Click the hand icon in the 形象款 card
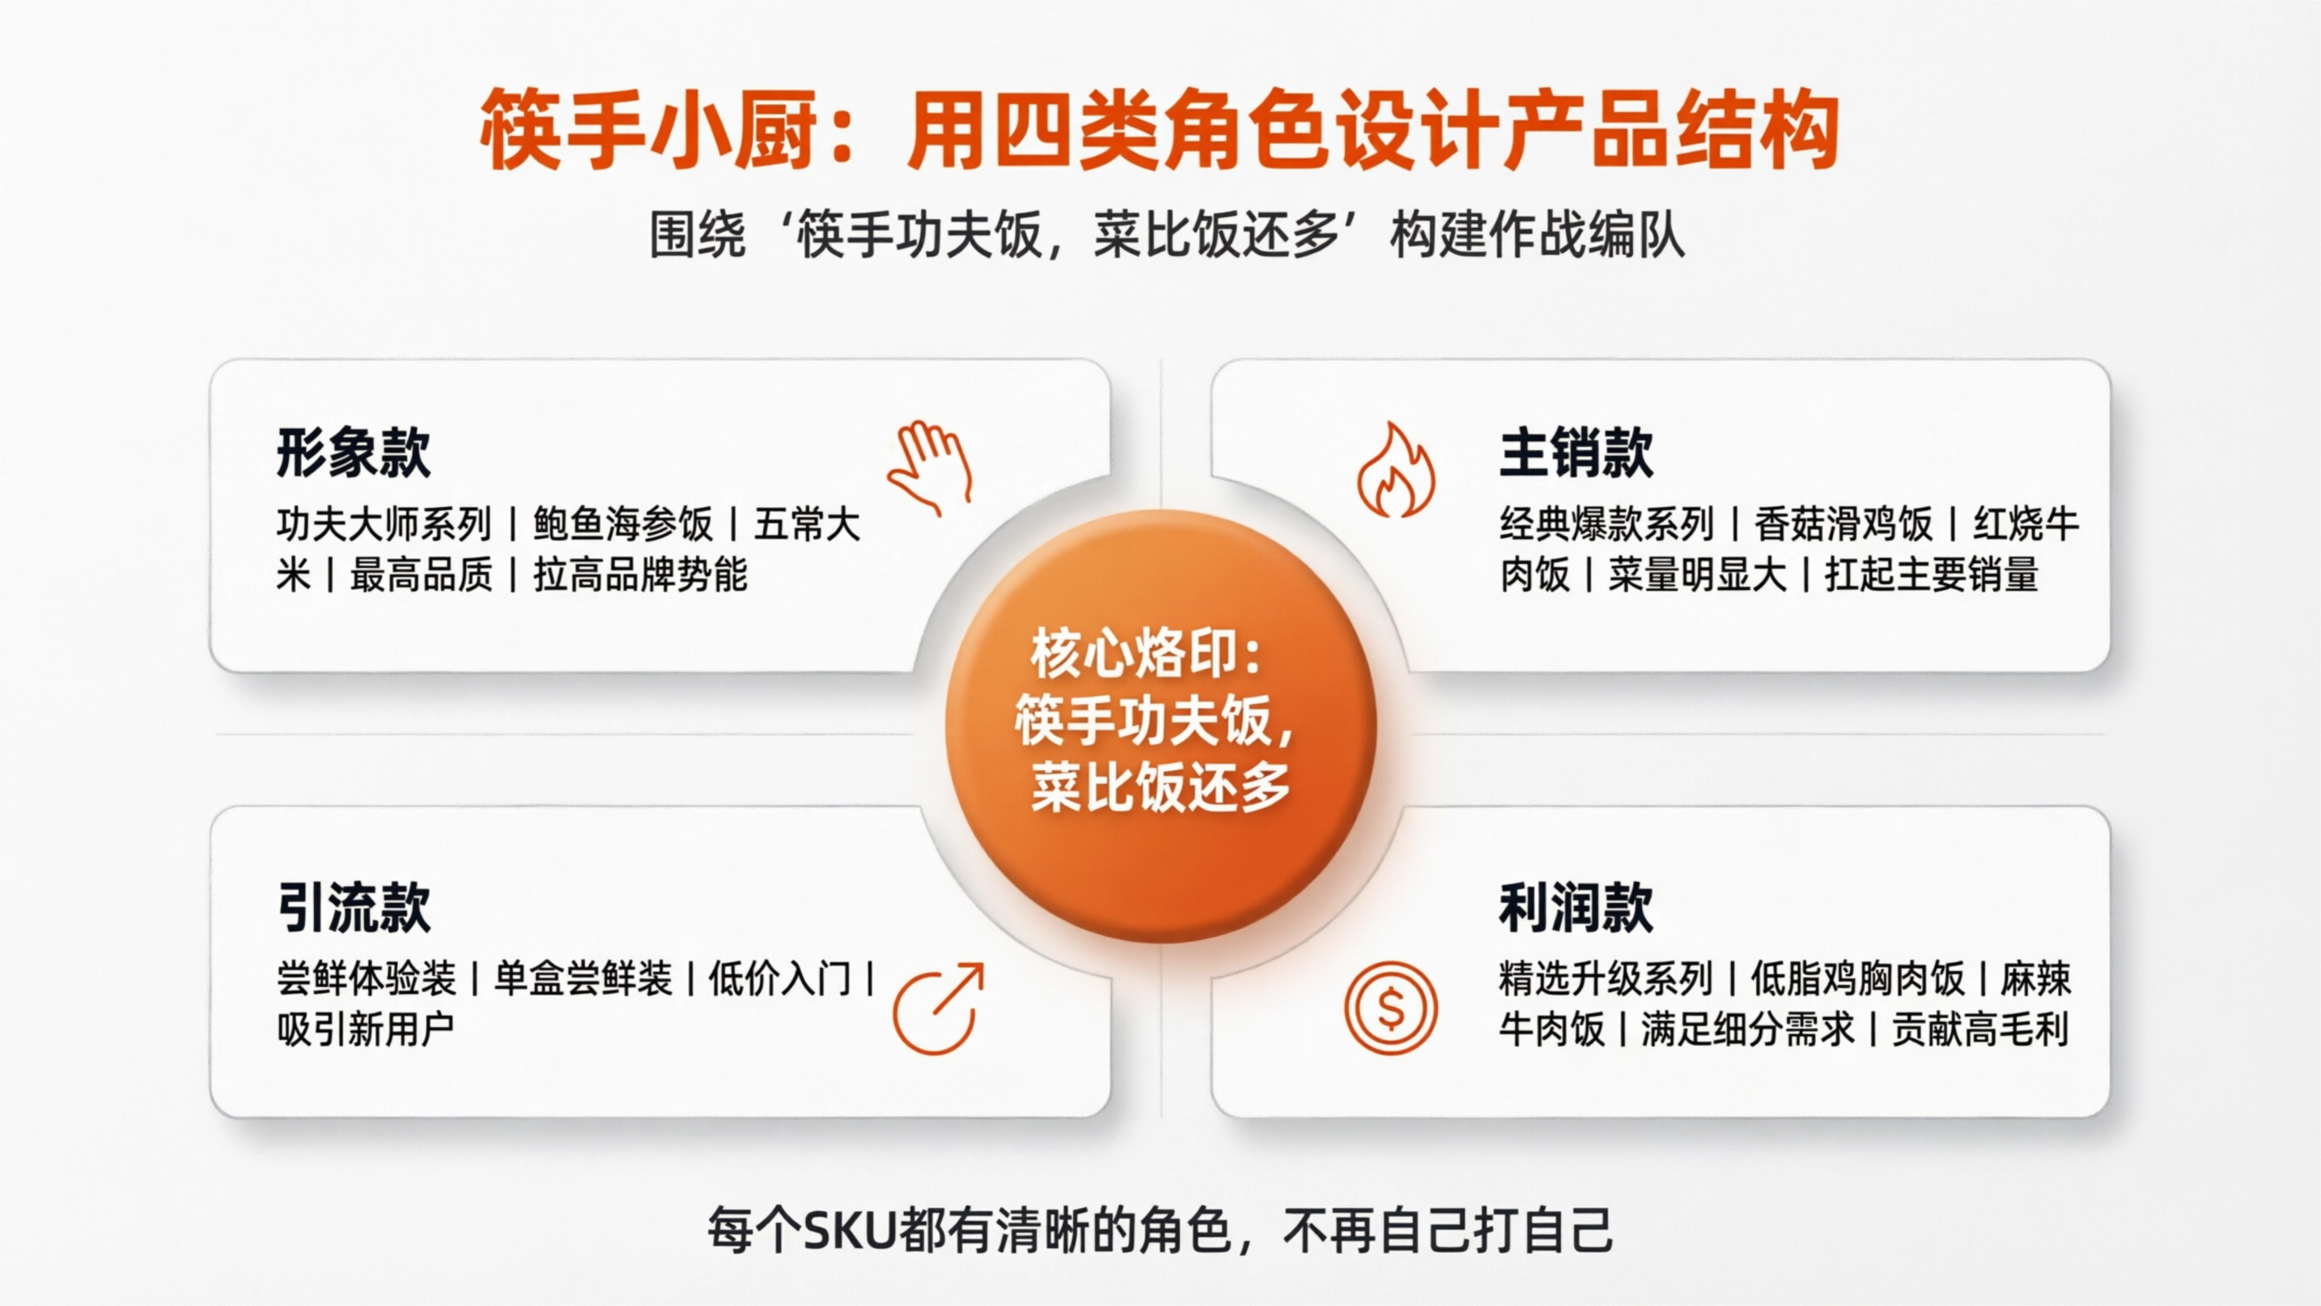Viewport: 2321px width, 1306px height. coord(931,467)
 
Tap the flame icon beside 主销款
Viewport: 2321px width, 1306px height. coord(1396,470)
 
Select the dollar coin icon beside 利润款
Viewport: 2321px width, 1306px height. coord(1390,1008)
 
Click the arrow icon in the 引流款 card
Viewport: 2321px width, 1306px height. coord(938,1009)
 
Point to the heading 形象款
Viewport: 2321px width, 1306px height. coord(353,453)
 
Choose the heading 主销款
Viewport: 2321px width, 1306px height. coord(1576,453)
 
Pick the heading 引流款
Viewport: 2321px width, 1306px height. coord(353,907)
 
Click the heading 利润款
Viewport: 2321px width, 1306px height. coord(1576,907)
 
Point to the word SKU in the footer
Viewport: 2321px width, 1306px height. coord(848,1230)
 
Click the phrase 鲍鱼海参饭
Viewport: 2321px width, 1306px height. coord(622,524)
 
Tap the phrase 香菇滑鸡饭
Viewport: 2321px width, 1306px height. coord(1844,524)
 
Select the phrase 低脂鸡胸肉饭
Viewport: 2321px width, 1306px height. coord(1857,979)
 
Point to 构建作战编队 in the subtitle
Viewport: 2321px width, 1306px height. coord(1537,236)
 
